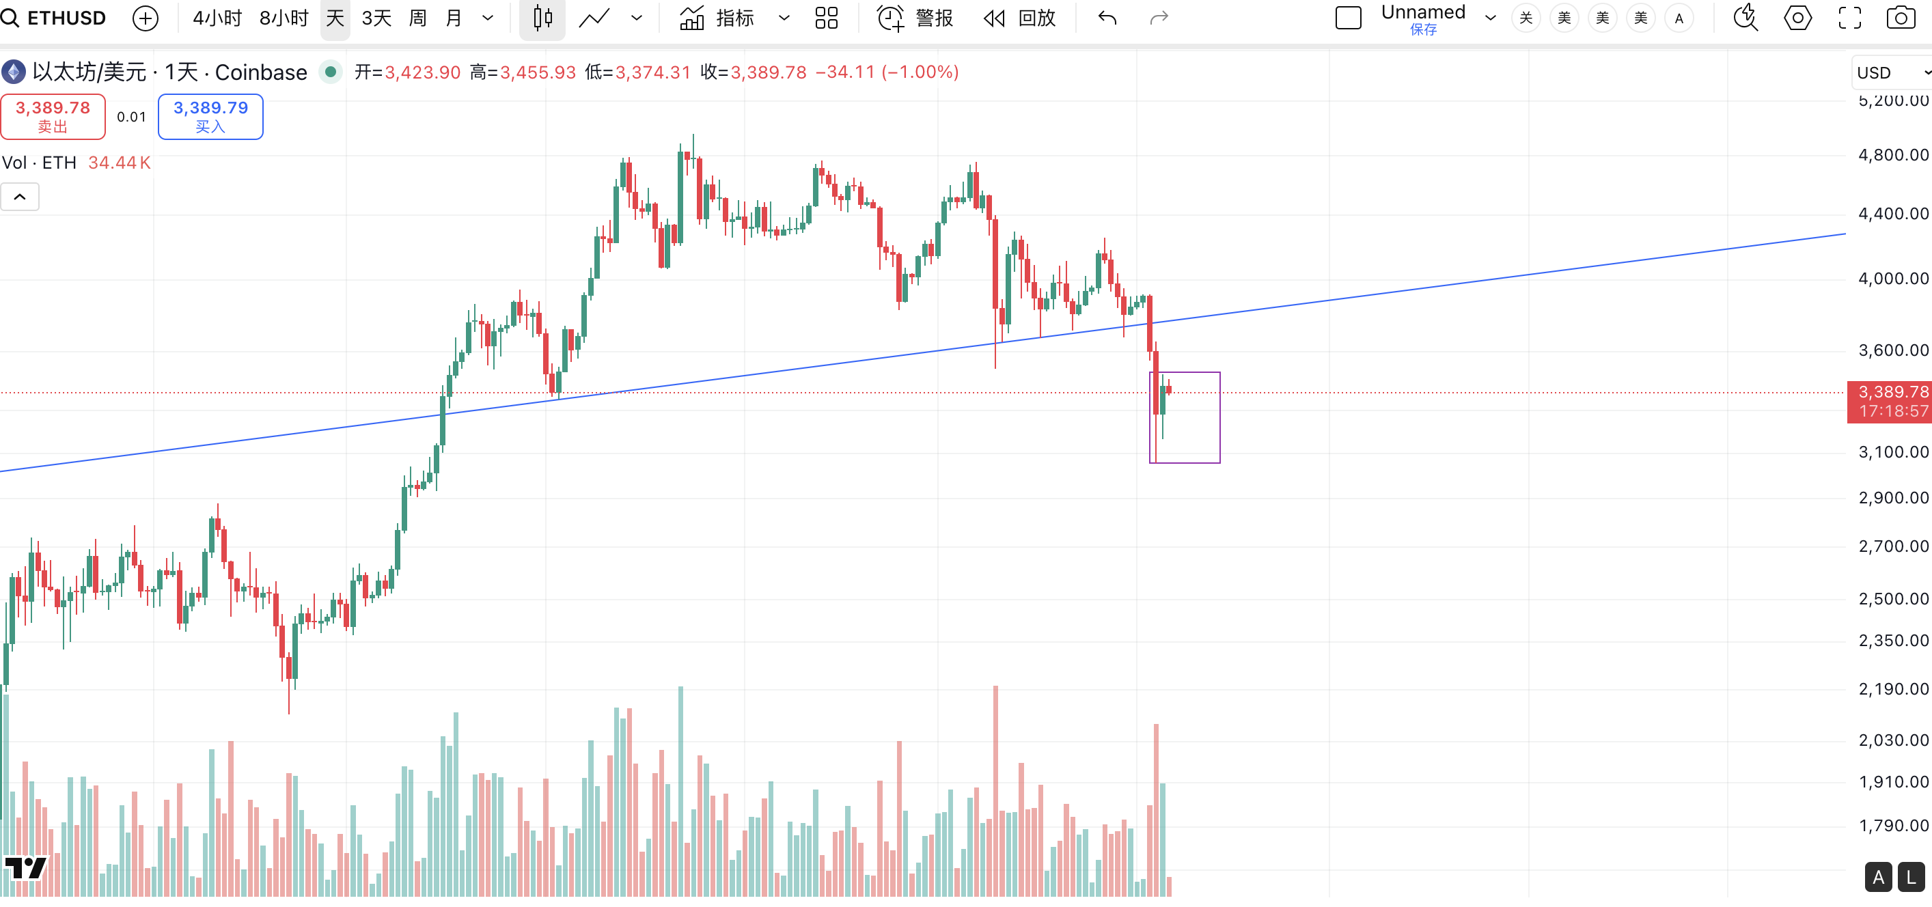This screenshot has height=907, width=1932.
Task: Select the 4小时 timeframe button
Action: click(x=217, y=18)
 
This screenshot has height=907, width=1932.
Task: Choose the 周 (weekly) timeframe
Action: click(x=417, y=18)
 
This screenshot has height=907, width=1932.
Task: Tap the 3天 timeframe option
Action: click(x=376, y=18)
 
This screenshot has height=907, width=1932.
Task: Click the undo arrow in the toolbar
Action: click(x=1107, y=18)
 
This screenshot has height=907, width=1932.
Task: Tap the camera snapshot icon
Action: click(x=1900, y=18)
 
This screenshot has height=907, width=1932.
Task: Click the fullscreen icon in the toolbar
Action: click(x=1849, y=18)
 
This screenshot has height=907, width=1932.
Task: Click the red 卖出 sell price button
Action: click(x=53, y=116)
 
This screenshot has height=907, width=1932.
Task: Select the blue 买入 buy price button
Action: click(x=210, y=116)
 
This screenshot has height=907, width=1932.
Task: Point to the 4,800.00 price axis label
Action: click(x=1892, y=155)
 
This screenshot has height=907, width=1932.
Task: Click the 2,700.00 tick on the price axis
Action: click(x=1892, y=546)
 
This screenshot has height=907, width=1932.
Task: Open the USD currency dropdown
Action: click(x=1891, y=72)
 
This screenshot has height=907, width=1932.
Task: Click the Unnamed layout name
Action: click(x=1423, y=13)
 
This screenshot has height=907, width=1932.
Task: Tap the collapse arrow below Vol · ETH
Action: click(x=20, y=197)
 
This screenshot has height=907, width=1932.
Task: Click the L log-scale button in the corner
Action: click(x=1910, y=877)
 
